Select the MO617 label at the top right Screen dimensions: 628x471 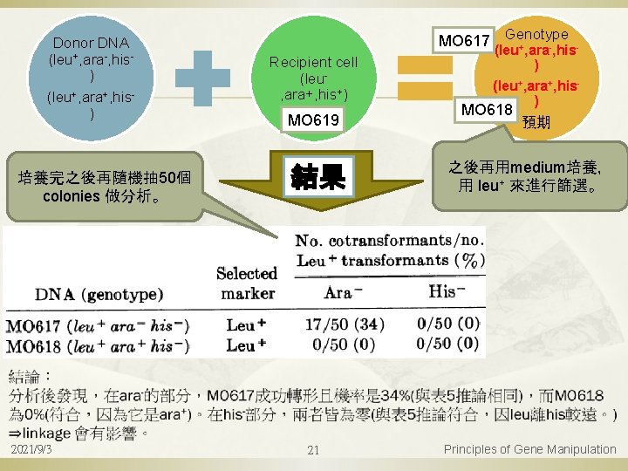point(464,40)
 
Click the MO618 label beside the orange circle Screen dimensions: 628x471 point(487,110)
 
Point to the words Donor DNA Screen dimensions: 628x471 point(91,43)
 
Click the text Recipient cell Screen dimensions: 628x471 point(313,62)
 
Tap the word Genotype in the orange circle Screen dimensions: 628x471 point(536,34)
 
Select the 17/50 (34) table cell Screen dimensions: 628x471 point(344,324)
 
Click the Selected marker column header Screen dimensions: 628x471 point(247,283)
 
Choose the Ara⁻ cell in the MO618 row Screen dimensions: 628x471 point(342,345)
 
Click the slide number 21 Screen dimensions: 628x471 point(314,450)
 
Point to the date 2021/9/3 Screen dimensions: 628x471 point(31,449)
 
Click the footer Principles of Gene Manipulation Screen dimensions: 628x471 point(529,449)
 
